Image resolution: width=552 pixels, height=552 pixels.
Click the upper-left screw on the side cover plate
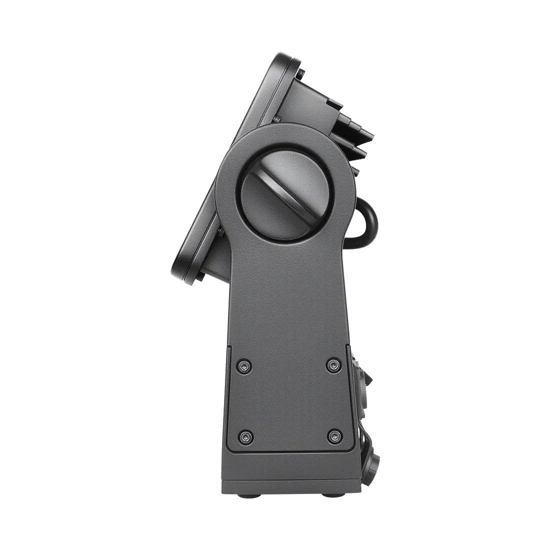coord(244,366)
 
